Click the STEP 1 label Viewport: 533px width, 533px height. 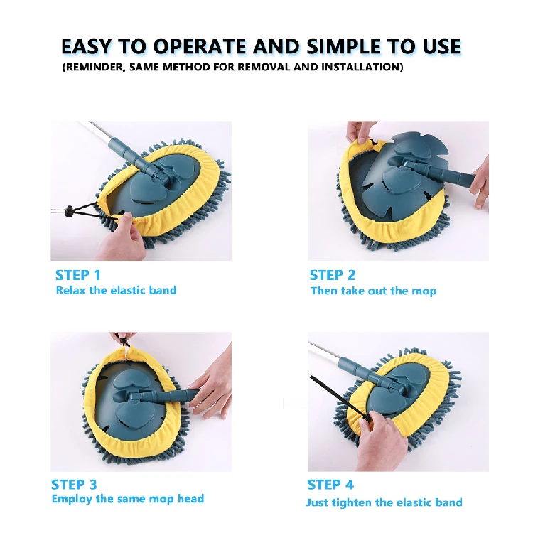pyautogui.click(x=77, y=274)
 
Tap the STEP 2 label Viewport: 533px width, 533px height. pyautogui.click(x=332, y=275)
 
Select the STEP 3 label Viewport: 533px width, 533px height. pyautogui.click(x=74, y=484)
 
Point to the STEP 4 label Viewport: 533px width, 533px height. pyautogui.click(x=330, y=484)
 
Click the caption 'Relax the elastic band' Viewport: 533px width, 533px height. pyautogui.click(x=116, y=290)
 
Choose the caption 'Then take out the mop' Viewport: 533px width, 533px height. pyautogui.click(x=373, y=291)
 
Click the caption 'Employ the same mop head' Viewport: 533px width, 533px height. pyautogui.click(x=128, y=499)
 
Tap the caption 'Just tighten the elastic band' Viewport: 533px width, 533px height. pyautogui.click(x=384, y=502)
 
